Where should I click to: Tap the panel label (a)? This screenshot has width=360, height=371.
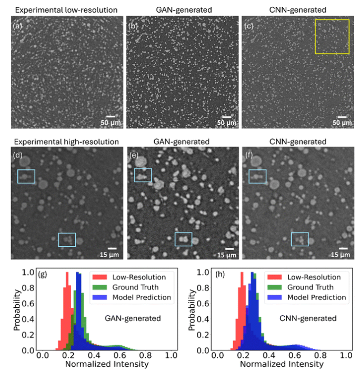click(17, 26)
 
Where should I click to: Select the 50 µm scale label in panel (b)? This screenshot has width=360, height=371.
click(226, 123)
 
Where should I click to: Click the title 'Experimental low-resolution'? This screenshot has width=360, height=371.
click(66, 10)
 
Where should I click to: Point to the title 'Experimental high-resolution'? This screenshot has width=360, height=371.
click(66, 142)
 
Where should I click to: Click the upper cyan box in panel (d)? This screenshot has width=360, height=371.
click(18, 176)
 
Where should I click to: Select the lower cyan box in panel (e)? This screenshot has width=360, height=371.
click(175, 239)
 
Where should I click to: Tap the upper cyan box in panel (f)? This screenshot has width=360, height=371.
click(249, 176)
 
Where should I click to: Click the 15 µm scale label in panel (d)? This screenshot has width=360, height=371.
click(109, 255)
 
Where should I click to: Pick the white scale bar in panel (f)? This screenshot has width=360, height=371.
click(343, 248)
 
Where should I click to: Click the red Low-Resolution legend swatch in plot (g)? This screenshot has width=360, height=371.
click(99, 277)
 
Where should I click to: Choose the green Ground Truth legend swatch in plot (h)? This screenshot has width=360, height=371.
click(274, 287)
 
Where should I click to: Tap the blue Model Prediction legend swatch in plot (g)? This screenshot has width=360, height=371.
click(99, 297)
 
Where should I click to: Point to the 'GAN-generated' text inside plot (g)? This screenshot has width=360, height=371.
click(133, 318)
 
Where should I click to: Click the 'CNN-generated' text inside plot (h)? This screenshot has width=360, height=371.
click(308, 318)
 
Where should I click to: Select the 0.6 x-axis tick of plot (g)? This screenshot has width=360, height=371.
click(120, 355)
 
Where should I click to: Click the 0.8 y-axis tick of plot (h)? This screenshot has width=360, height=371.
click(203, 288)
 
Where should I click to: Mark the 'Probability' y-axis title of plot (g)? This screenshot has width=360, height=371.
click(16, 310)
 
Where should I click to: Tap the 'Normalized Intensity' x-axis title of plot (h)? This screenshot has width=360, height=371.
click(282, 364)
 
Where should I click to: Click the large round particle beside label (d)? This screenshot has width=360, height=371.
click(25, 162)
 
